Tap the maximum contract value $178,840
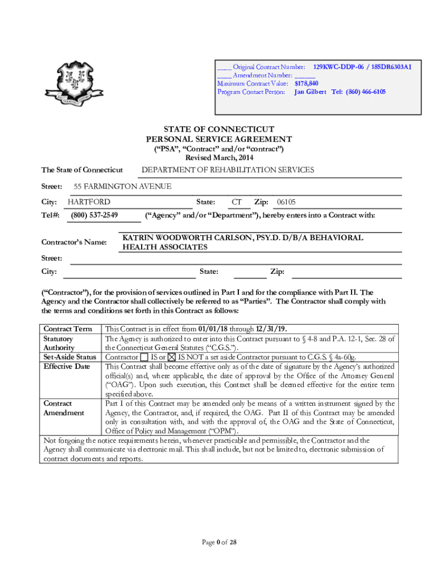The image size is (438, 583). pyautogui.click(x=306, y=84)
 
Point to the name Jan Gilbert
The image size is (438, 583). pyautogui.click(x=310, y=92)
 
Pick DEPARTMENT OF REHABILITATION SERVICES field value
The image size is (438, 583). pyautogui.click(x=228, y=170)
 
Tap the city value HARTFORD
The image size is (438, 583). pyautogui.click(x=89, y=202)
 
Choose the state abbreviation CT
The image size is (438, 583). pyautogui.click(x=237, y=202)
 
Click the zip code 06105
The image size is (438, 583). pyautogui.click(x=286, y=202)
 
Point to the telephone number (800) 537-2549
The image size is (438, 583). pyautogui.click(x=95, y=215)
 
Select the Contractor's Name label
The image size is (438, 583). pyautogui.click(x=74, y=243)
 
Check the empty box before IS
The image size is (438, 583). pyautogui.click(x=144, y=357)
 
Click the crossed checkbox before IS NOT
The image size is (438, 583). pyautogui.click(x=172, y=357)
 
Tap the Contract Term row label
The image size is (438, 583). pyautogui.click(x=68, y=329)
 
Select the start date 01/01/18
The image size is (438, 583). pyautogui.click(x=214, y=329)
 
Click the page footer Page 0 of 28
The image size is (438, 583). pyautogui.click(x=219, y=542)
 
